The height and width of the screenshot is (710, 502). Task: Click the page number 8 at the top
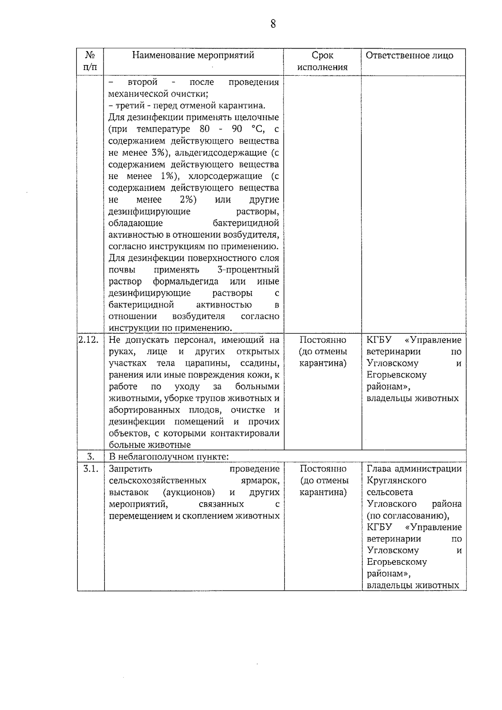point(273,24)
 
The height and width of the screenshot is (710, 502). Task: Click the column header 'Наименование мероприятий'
point(193,55)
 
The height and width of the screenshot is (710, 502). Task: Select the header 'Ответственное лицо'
point(410,55)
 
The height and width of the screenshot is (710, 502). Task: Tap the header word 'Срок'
point(323,55)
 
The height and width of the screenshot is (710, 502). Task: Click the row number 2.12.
point(88,340)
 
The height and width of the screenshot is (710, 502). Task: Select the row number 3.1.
point(90,469)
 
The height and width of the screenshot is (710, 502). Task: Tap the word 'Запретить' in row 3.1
point(130,469)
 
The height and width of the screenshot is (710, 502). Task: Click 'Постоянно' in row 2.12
point(323,340)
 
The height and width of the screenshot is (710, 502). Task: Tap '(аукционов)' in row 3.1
point(189,492)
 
